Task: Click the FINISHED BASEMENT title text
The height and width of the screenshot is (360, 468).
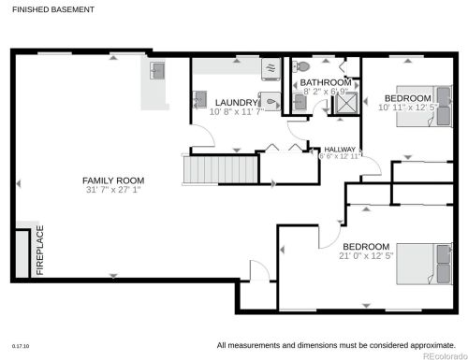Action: point(52,8)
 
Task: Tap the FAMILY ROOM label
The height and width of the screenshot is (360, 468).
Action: point(113,180)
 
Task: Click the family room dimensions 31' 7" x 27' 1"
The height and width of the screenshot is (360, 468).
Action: point(113,191)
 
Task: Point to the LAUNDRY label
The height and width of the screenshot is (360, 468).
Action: point(234,102)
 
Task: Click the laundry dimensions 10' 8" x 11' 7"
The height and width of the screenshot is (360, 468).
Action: point(238,112)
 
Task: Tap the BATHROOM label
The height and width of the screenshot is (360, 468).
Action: point(326,82)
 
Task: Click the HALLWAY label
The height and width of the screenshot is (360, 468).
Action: point(341,150)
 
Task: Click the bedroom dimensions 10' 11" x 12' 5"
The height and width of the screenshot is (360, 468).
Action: point(408,108)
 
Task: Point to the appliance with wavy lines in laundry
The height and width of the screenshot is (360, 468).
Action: point(271,68)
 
